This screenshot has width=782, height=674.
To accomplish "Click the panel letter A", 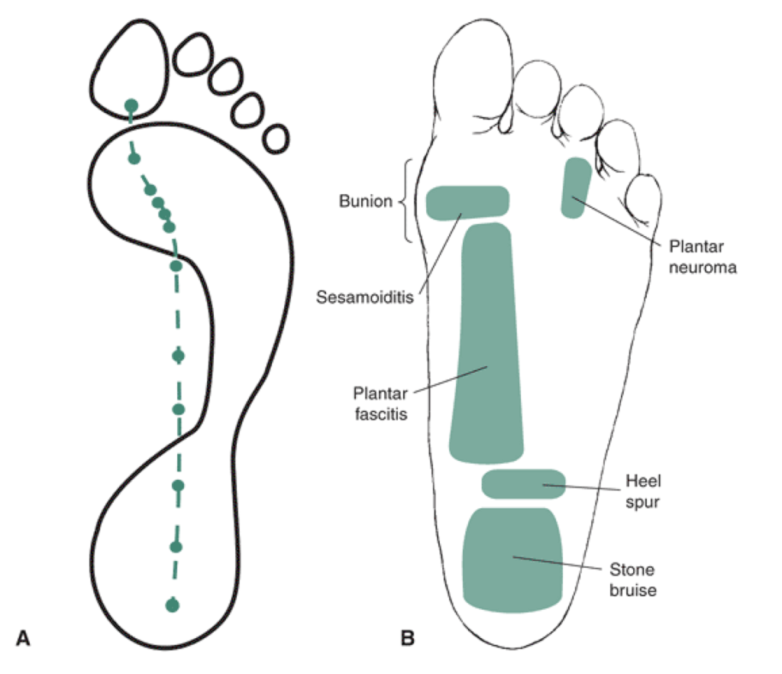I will click(24, 637).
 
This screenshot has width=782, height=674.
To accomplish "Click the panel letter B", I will click(408, 637).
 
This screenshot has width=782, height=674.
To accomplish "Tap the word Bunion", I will click(366, 203).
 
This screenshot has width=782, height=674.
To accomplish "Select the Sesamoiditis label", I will click(364, 296).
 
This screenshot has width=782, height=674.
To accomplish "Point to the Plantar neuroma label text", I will click(703, 258).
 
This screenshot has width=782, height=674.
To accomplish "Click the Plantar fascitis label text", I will click(379, 403).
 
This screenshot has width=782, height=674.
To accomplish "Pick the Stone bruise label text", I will click(632, 579).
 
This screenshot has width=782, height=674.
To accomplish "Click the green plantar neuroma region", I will click(576, 187).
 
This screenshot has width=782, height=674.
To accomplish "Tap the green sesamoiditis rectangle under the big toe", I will click(467, 203).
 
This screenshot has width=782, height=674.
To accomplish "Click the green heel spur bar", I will click(524, 484).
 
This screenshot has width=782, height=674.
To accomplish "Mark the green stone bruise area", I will click(513, 559).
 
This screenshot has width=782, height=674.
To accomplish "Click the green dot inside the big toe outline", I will click(131, 105).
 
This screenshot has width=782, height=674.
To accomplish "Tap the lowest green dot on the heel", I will click(173, 605).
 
